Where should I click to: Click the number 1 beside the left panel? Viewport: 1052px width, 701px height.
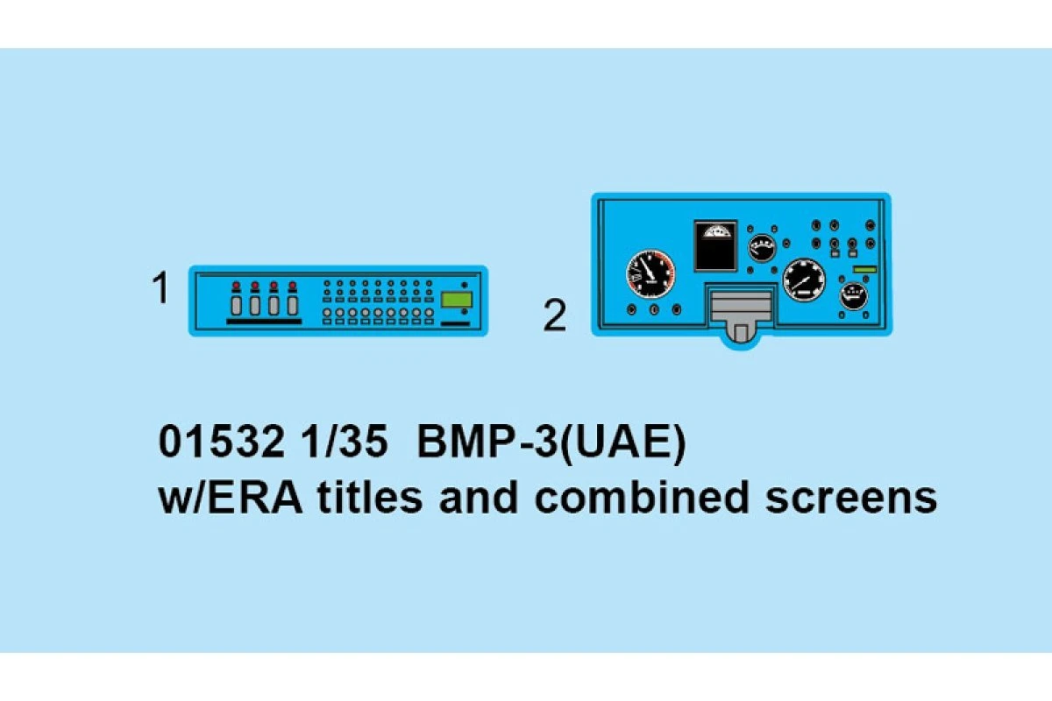[x=160, y=289]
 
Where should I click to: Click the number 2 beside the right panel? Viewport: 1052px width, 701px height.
[x=555, y=316]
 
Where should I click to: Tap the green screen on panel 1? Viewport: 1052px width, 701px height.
[x=455, y=300]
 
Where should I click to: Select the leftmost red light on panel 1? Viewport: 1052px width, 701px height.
[x=235, y=286]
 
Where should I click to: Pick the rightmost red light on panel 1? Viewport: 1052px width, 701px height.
[x=293, y=286]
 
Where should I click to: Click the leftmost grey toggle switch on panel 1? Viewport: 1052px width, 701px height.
[x=235, y=306]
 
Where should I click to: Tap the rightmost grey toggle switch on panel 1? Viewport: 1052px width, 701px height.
[x=293, y=306]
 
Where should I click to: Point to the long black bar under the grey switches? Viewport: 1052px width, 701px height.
[x=264, y=322]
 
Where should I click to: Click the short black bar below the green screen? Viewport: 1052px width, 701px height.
[x=454, y=322]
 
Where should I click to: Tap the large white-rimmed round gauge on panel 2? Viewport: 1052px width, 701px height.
[x=803, y=280]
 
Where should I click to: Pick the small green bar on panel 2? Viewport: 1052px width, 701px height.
[x=864, y=268]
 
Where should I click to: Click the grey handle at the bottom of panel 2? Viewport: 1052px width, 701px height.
[x=741, y=316]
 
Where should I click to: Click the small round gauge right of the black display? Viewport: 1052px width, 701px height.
[x=762, y=247]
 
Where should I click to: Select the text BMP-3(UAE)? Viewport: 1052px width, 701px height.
[x=550, y=443]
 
